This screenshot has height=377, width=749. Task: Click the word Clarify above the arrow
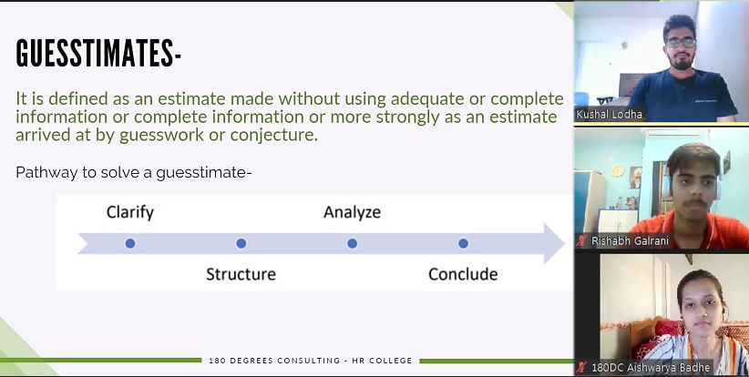[x=130, y=212]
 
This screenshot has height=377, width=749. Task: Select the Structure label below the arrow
[x=241, y=274]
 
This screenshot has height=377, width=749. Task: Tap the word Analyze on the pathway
[x=352, y=212]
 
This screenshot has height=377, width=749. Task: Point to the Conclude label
[x=463, y=274]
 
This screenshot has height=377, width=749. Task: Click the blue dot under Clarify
[x=130, y=243]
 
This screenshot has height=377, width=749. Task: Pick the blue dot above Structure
[x=241, y=243]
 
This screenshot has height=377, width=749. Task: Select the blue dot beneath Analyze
[x=352, y=243]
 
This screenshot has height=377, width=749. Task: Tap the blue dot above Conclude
[x=463, y=243]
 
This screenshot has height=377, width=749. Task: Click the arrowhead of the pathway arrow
[x=554, y=243]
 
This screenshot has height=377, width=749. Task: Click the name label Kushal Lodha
[x=609, y=115]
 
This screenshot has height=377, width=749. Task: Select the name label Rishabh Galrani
[x=630, y=241]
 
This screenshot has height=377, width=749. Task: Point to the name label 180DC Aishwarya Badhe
[x=651, y=368]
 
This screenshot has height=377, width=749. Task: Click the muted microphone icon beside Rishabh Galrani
[x=581, y=241]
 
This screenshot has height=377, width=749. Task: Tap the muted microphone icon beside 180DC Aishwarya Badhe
[x=581, y=368]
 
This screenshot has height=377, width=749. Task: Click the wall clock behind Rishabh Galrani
[x=617, y=171]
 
